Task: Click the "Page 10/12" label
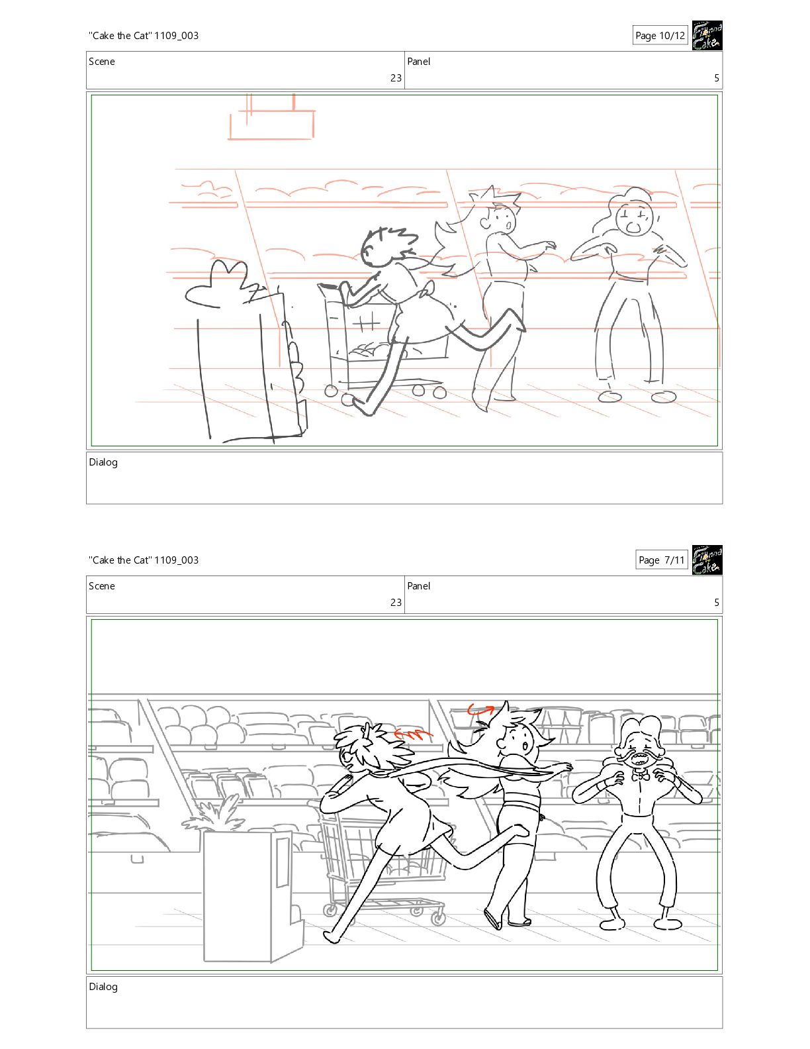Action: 660,36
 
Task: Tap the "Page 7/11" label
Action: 661,560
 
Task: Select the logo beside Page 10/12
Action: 707,35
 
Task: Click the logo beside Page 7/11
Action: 707,560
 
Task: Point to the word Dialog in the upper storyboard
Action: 103,462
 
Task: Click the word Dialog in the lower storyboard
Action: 103,987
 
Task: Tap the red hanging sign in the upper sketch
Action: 271,119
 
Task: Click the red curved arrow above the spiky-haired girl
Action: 480,709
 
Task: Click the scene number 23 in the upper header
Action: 396,78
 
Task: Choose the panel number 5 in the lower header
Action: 717,603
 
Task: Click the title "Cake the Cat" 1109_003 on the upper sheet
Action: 144,36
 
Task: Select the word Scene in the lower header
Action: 102,586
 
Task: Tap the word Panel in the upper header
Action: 418,62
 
